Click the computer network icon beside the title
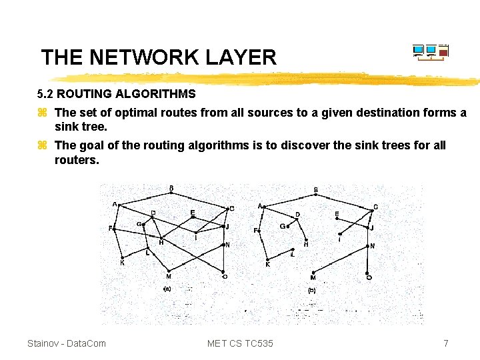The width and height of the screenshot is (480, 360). click(x=430, y=52)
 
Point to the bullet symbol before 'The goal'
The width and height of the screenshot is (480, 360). click(x=42, y=145)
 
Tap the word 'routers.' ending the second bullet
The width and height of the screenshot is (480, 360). click(x=77, y=160)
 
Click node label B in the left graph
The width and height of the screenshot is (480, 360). click(x=171, y=188)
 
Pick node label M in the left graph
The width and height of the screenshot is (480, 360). click(x=169, y=276)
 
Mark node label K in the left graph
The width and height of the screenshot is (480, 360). click(x=122, y=263)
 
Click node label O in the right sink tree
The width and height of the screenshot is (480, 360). click(x=369, y=277)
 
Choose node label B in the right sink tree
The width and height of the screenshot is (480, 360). click(x=316, y=190)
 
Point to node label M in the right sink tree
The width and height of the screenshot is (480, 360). click(x=313, y=277)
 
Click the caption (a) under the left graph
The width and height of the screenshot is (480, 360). click(x=167, y=289)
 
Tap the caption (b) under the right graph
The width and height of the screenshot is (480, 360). click(x=312, y=290)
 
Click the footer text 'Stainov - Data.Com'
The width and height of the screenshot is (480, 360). click(x=67, y=343)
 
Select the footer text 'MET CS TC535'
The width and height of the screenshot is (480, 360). click(x=240, y=343)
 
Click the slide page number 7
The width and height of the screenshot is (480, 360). click(x=446, y=343)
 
